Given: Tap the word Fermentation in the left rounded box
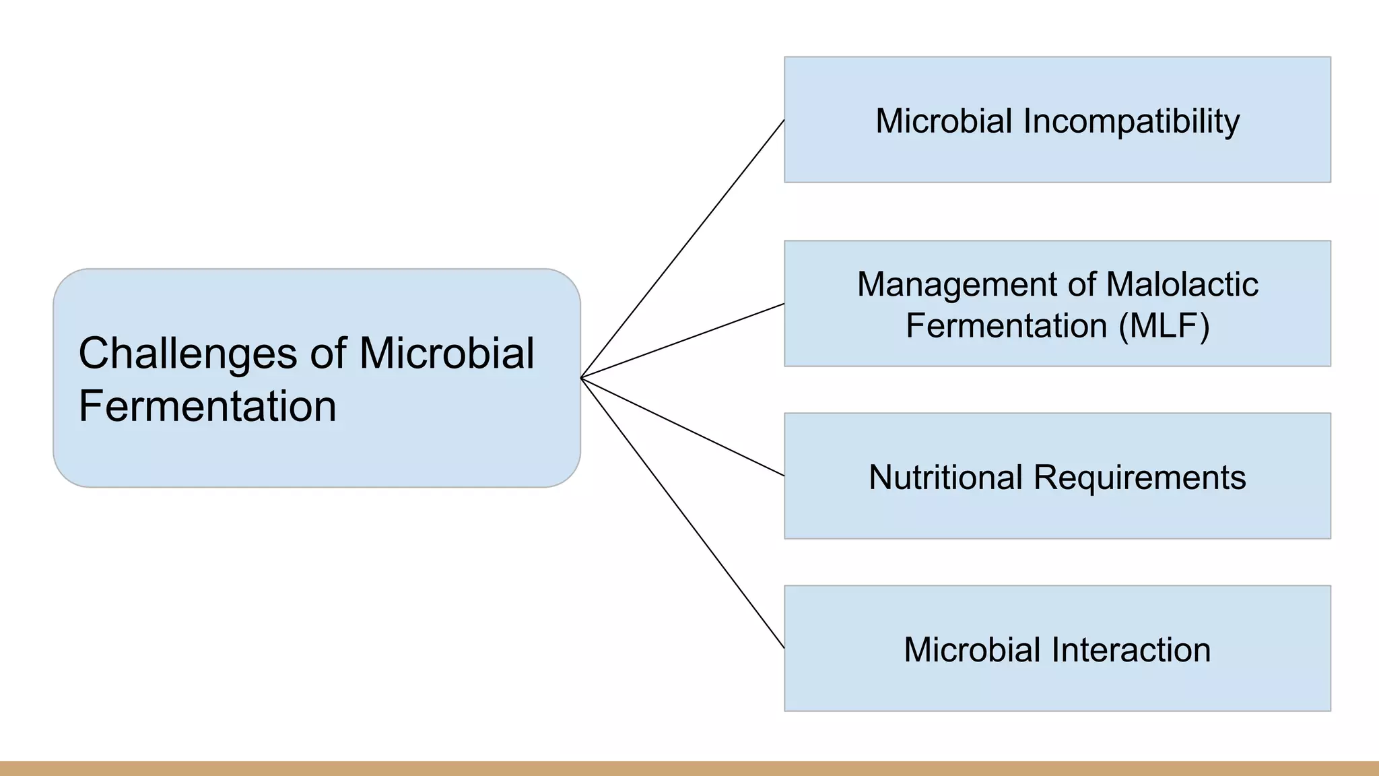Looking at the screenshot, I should point(207,406).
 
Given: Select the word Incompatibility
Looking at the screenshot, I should point(1131,122).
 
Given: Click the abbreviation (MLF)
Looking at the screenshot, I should point(1164,326).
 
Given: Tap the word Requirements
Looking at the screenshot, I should point(1139,478).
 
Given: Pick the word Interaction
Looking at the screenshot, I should point(1132,650).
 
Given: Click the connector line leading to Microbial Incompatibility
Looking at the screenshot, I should point(683,249).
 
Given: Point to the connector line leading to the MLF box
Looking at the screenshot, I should point(683,341).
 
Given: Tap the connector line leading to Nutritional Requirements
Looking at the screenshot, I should point(683,427).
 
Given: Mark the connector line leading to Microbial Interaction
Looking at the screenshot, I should point(683,513).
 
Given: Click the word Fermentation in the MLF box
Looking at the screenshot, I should point(1007,326).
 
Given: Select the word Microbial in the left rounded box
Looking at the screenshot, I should point(446,354).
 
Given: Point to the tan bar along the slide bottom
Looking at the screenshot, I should point(689,769).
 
